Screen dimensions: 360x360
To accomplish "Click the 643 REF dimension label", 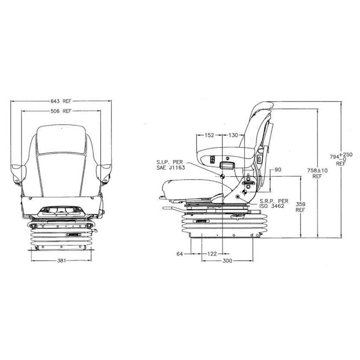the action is [61, 101].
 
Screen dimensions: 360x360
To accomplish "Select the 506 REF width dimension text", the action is [61, 111].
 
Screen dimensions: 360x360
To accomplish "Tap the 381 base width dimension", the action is [62, 260].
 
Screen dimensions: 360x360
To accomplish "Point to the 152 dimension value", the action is [209, 135].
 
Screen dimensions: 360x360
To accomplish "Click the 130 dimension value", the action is [233, 135].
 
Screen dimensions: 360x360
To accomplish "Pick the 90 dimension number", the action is [278, 170].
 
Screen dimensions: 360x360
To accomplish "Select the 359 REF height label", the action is [300, 207].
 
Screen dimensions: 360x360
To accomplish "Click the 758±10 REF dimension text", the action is [317, 173].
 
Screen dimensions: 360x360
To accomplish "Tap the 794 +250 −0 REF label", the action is [341, 159].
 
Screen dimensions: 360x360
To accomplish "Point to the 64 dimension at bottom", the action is [180, 254].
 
